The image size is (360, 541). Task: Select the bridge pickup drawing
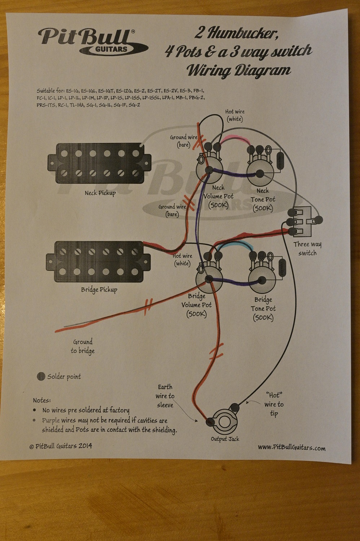point(98,261)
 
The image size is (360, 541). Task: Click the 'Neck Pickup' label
point(100,193)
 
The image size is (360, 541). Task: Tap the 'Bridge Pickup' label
point(99,289)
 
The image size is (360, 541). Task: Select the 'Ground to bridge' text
point(83,346)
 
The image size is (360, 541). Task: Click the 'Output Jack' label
point(225,439)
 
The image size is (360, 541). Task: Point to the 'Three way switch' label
point(307,248)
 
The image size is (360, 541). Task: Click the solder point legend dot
point(41,377)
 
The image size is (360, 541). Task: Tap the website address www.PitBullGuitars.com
point(291,448)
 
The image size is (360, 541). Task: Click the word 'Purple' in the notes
point(51,421)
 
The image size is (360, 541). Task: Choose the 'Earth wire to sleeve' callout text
point(165,396)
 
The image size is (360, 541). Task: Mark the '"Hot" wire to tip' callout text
point(274,404)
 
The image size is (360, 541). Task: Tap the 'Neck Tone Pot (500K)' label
point(263,199)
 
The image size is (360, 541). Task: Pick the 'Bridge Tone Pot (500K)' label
point(263,308)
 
